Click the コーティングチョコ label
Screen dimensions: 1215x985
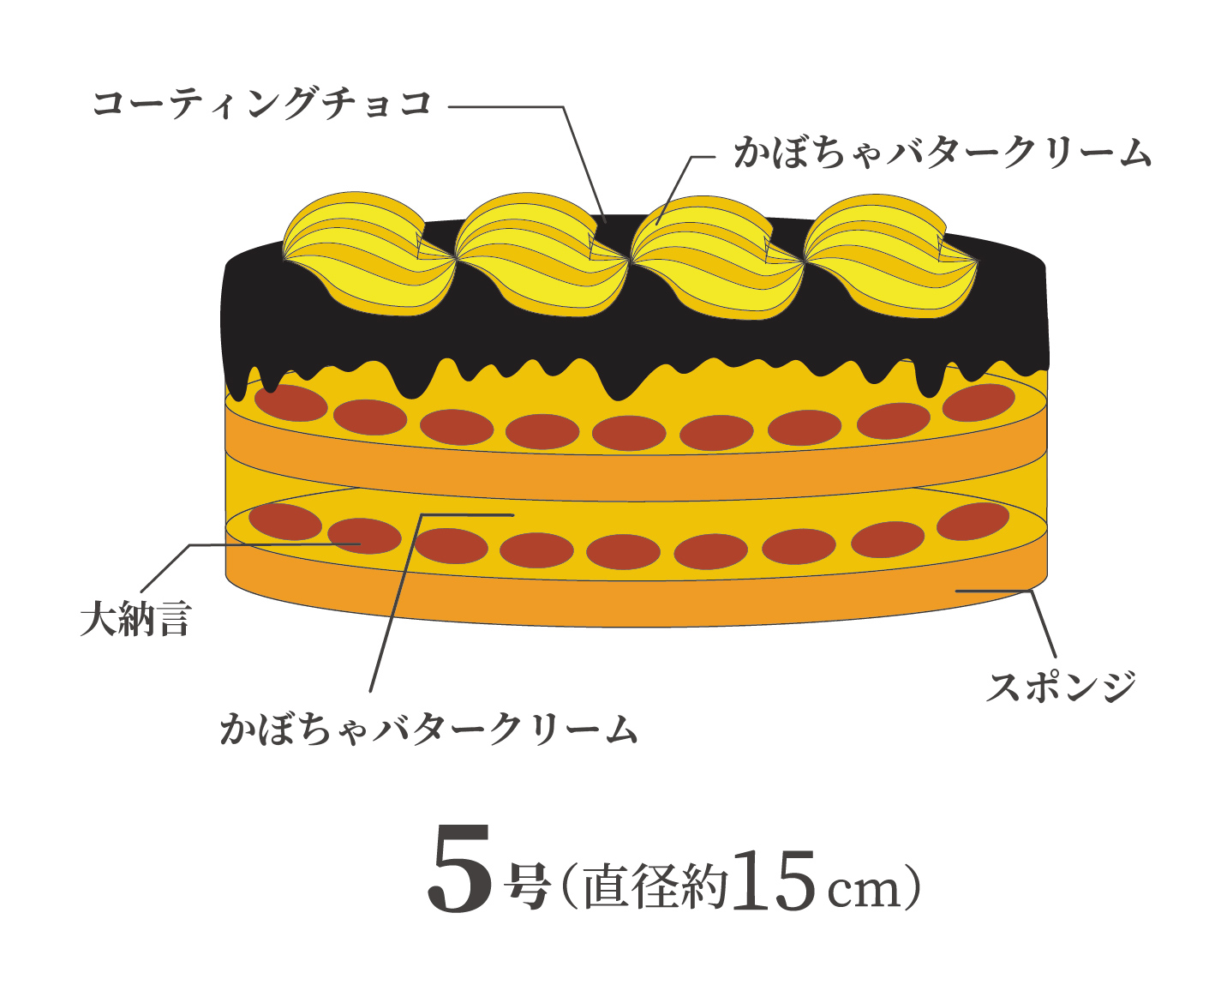tap(261, 105)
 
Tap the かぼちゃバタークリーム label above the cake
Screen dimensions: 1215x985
tap(943, 153)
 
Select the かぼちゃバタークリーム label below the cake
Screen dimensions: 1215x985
tap(428, 729)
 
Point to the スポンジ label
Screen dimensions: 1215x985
tap(1061, 687)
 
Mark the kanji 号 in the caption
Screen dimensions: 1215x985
tap(526, 886)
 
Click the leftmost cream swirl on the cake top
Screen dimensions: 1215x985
tap(369, 254)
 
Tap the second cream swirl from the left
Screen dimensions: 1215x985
tap(542, 255)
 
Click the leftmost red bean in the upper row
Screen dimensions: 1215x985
tap(291, 403)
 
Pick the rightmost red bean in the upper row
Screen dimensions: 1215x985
tap(979, 402)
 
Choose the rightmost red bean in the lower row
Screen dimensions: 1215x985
tap(973, 521)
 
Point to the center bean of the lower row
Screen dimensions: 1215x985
tap(623, 552)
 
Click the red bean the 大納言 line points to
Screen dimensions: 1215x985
tap(364, 536)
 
